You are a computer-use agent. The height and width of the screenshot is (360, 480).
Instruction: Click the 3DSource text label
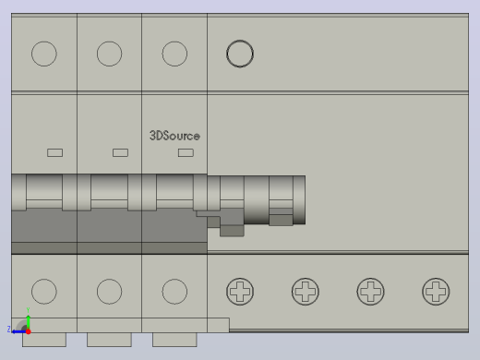coord(174,136)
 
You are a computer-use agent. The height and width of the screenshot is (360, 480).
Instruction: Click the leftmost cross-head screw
coord(240,292)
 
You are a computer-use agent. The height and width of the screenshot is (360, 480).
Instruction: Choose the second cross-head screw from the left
coord(306,292)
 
